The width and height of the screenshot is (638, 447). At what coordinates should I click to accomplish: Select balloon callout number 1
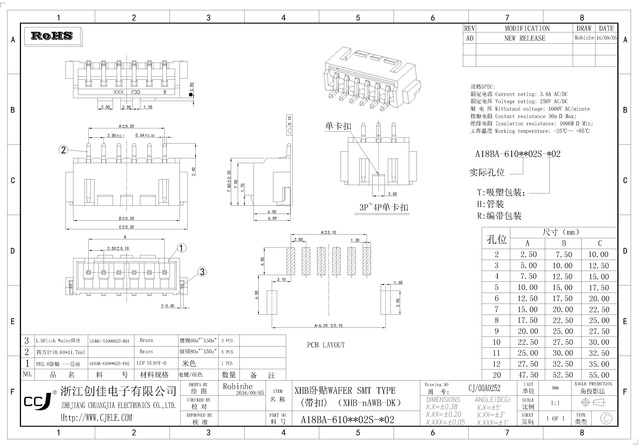click(182, 248)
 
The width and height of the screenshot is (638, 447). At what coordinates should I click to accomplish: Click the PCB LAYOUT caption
click(326, 345)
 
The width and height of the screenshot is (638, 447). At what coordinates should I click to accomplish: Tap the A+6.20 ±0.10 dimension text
click(328, 325)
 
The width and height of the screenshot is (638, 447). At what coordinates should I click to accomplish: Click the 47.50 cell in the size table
click(528, 375)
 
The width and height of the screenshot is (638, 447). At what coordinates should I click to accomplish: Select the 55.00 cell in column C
click(599, 375)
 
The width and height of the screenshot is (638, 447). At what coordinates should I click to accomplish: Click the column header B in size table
click(563, 243)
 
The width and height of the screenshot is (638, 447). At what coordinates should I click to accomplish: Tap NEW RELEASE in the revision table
click(525, 38)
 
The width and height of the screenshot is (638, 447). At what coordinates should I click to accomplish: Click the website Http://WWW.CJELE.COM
click(96, 417)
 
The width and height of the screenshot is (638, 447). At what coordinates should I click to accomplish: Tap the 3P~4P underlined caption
click(384, 208)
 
